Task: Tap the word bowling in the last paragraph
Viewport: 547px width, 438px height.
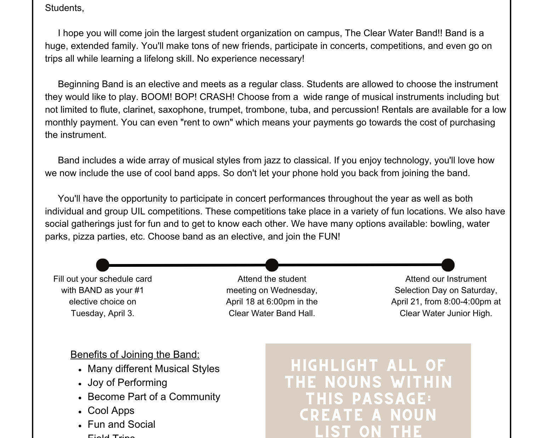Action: (446, 224)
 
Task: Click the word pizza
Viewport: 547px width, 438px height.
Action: (84, 237)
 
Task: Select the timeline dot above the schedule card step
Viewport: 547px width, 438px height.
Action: (103, 265)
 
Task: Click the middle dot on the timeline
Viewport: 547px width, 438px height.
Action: (272, 265)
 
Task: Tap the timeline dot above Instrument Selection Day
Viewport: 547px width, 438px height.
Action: (448, 265)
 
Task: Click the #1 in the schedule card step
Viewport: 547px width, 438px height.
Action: (139, 291)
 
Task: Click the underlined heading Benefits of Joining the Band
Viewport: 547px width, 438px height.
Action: (135, 354)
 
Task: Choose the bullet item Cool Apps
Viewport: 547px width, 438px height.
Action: (111, 410)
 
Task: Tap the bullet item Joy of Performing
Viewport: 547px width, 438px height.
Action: (127, 383)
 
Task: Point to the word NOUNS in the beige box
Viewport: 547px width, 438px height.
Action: (353, 382)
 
